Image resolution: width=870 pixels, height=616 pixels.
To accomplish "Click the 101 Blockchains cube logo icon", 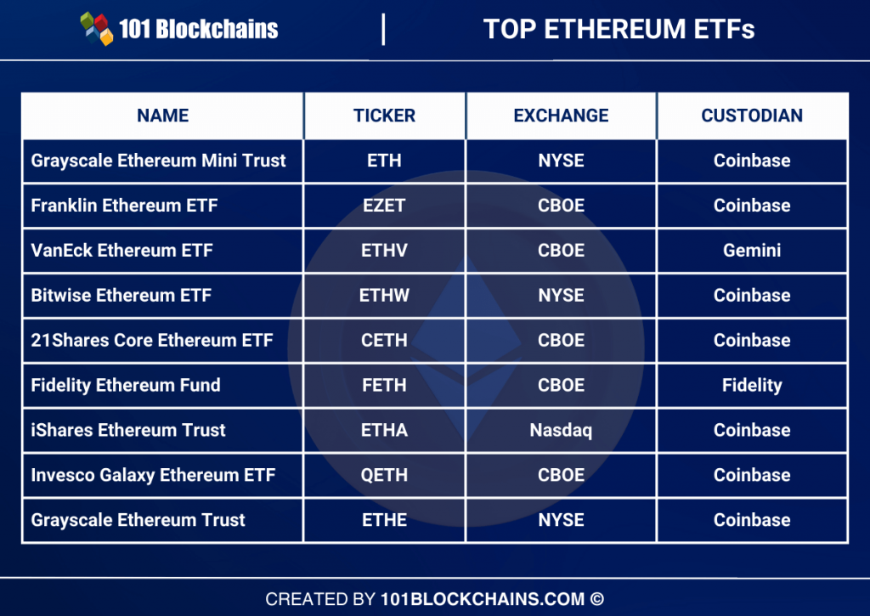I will (x=97, y=28).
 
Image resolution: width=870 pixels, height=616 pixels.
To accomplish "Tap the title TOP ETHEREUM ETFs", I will (x=619, y=29).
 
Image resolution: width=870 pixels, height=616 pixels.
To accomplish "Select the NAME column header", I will (x=162, y=116).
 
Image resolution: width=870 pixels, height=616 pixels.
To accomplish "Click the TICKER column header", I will (x=384, y=116).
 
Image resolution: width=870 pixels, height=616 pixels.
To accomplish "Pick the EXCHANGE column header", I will (x=561, y=116).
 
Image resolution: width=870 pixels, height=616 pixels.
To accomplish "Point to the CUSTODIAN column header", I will (x=752, y=116).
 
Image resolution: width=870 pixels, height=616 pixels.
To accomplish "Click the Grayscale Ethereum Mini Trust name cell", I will (x=158, y=161).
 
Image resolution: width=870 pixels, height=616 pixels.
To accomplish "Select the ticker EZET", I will (x=384, y=206).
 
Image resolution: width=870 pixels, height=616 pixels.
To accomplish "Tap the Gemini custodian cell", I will (x=752, y=251).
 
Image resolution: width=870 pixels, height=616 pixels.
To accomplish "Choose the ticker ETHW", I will (x=384, y=296).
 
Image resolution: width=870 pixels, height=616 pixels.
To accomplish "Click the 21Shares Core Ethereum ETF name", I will (x=152, y=341).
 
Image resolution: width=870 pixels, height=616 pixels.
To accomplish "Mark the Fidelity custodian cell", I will (x=752, y=386).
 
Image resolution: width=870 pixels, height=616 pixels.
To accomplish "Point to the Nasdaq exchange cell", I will (x=561, y=431).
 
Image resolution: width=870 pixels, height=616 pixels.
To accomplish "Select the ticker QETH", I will (x=384, y=476).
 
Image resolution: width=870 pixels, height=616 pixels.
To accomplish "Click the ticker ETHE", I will (x=384, y=521).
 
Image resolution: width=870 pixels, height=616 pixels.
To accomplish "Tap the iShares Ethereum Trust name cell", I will (x=128, y=431).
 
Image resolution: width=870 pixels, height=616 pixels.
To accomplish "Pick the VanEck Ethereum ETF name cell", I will (x=121, y=251).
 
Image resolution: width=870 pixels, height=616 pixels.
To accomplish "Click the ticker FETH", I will (x=384, y=386).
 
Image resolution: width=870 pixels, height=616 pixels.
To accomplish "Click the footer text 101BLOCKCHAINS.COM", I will (x=482, y=599).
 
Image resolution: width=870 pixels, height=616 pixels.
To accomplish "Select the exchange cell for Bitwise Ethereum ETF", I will (x=561, y=296).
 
